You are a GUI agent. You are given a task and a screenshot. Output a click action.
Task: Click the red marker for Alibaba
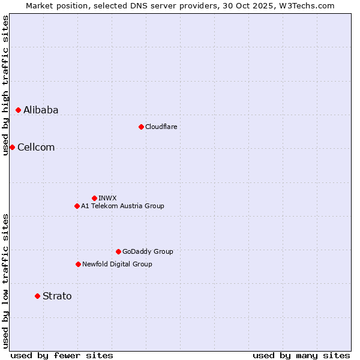19,110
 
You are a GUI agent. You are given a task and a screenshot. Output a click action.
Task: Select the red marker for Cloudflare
141,127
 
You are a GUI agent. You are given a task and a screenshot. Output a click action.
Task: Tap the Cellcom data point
12,147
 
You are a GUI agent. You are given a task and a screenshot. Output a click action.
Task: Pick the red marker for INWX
94,198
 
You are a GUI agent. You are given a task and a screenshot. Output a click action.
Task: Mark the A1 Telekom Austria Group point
77,206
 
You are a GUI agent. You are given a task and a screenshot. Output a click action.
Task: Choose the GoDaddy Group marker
118,251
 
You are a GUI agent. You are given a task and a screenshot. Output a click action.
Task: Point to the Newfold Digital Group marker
78,264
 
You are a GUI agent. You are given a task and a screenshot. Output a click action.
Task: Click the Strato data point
37,296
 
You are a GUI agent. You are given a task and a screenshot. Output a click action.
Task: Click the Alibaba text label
41,110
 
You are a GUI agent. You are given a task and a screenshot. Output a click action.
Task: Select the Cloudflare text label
161,127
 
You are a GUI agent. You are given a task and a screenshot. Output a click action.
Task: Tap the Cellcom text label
36,148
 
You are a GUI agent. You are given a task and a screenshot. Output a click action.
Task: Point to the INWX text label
107,198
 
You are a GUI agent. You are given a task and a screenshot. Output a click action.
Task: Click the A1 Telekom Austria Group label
122,206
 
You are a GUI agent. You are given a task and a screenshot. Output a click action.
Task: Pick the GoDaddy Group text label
148,251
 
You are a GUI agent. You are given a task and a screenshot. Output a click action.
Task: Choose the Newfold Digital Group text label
117,264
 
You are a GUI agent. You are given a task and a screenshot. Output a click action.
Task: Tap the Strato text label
57,296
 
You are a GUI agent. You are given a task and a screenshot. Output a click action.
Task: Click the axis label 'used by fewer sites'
62,355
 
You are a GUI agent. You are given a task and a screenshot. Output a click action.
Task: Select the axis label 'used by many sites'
301,355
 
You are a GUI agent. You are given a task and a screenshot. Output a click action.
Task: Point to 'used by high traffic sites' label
5,85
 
